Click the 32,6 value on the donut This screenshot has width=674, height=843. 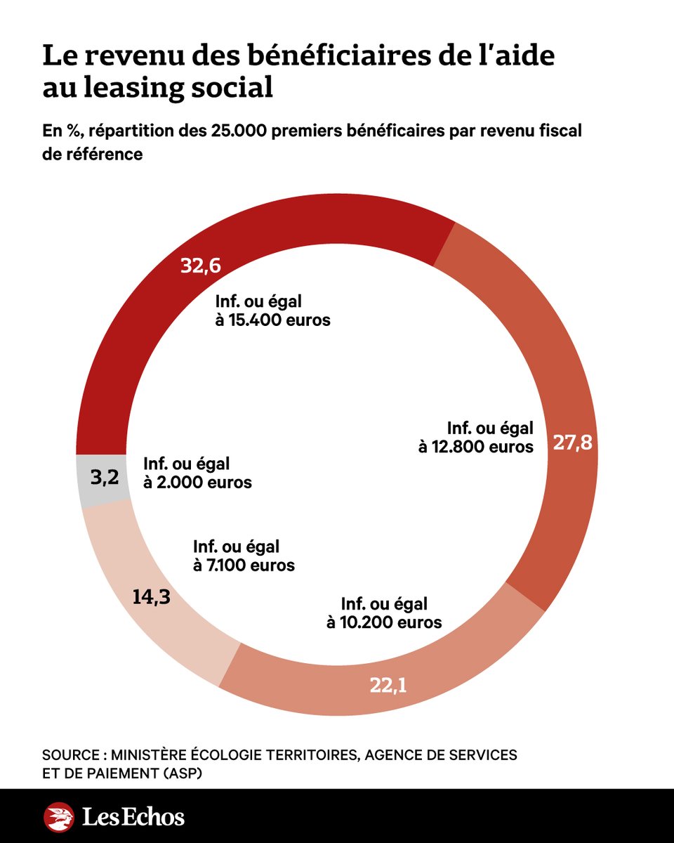(x=201, y=268)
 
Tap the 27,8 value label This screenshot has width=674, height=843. (x=572, y=443)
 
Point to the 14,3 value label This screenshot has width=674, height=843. (x=152, y=597)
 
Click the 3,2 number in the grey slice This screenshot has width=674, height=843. (x=105, y=479)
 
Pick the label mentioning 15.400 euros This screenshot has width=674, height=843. (x=272, y=311)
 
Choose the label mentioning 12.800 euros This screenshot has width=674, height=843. (x=476, y=437)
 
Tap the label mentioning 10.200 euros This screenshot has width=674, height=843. (x=384, y=613)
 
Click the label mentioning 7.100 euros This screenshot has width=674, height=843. (x=244, y=556)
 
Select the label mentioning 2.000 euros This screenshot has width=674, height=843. (x=197, y=473)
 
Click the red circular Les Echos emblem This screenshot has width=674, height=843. (x=59, y=817)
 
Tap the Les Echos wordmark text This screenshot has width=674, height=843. (x=133, y=817)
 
